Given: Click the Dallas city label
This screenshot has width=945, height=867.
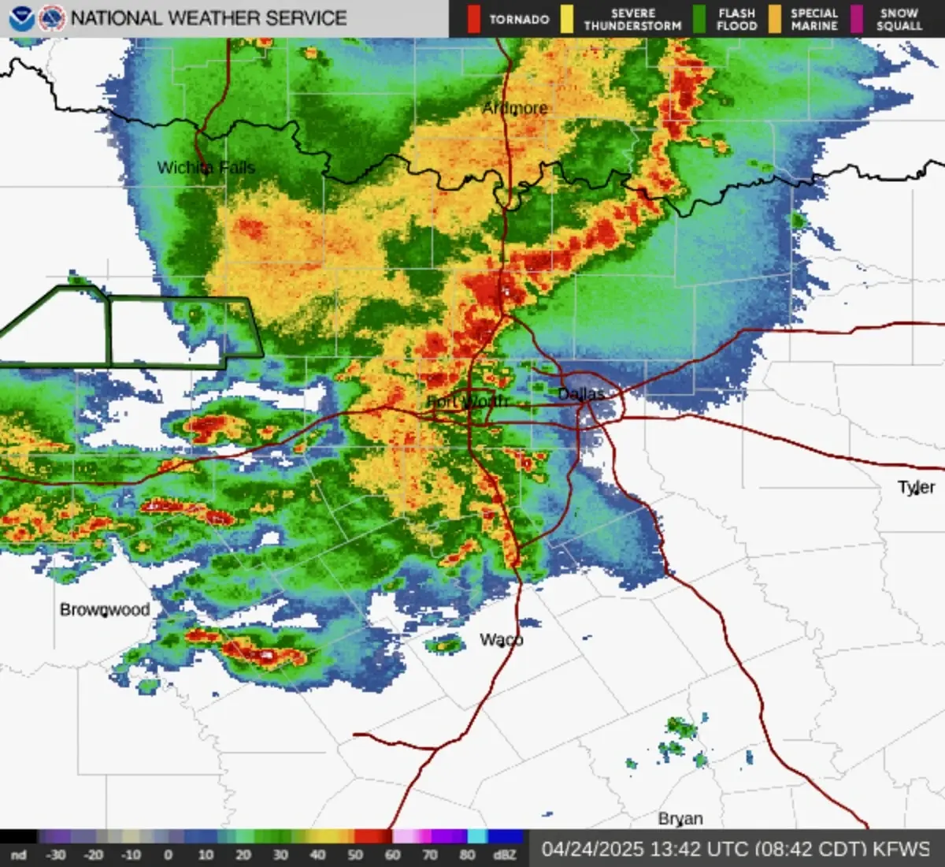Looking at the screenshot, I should pos(581,393).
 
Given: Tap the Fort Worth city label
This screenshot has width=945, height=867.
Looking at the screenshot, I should pos(468,402).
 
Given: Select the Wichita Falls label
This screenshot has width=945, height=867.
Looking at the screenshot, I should pos(206,167).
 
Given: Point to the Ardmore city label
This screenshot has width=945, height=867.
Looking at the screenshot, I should pos(515,108).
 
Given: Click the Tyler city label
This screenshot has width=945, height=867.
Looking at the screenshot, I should pos(917,487).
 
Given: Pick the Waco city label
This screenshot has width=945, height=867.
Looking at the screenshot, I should pos(502,639).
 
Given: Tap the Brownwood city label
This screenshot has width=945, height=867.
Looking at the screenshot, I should pos(105,609).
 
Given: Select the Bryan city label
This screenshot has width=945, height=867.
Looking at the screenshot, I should pos(680,818).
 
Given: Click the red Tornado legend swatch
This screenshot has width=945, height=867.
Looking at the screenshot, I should pos(473,19).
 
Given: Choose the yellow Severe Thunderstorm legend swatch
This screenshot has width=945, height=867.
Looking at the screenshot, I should pos(567,19).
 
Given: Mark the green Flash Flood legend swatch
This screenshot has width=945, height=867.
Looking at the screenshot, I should pos(699,19).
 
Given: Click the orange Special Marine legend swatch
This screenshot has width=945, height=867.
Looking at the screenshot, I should pos(775,19).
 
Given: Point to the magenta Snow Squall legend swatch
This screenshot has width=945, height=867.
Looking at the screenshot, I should pos(858,19).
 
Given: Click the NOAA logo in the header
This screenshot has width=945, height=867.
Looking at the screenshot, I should pos(22,18).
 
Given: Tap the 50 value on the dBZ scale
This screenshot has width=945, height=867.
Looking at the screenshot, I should pos(355,855).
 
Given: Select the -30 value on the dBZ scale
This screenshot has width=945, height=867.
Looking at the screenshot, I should pos(55,855).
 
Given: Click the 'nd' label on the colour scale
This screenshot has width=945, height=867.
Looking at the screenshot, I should pos(18,855).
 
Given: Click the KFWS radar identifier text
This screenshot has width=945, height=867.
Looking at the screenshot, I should pos(902,849).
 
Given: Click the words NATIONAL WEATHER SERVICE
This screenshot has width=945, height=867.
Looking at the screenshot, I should pos(209,17).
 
